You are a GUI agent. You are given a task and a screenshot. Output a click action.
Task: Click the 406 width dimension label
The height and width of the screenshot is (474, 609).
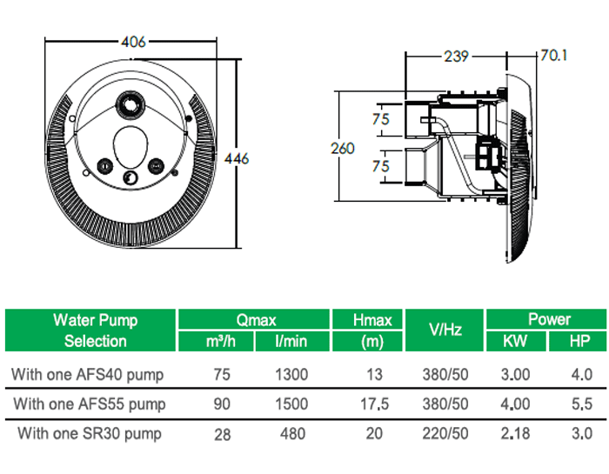[133, 42]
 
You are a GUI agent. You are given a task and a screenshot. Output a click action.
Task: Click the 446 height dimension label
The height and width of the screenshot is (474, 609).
[237, 158]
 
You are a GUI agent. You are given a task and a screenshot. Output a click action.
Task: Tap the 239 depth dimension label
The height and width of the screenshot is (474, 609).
[456, 57]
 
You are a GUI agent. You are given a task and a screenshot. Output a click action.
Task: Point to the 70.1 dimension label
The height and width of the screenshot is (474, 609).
[554, 56]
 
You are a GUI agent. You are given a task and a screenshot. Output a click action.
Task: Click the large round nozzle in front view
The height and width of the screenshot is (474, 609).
[130, 108]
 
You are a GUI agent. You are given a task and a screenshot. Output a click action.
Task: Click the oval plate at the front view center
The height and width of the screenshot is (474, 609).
[131, 144]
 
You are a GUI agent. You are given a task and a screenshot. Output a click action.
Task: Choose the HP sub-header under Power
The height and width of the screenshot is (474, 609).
[579, 341]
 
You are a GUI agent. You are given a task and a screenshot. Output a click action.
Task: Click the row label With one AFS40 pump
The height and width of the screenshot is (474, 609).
[87, 375]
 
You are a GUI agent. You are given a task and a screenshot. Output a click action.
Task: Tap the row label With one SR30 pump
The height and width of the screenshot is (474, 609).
[89, 432]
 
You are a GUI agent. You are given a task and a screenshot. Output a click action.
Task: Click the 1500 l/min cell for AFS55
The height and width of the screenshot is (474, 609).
[291, 404]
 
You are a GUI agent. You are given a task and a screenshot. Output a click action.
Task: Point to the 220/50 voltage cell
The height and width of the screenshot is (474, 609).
[446, 432]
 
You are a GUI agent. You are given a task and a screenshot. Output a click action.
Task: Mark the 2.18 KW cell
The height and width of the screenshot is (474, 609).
[516, 432]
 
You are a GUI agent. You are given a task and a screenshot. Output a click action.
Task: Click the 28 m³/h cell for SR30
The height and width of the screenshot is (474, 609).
[223, 433]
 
